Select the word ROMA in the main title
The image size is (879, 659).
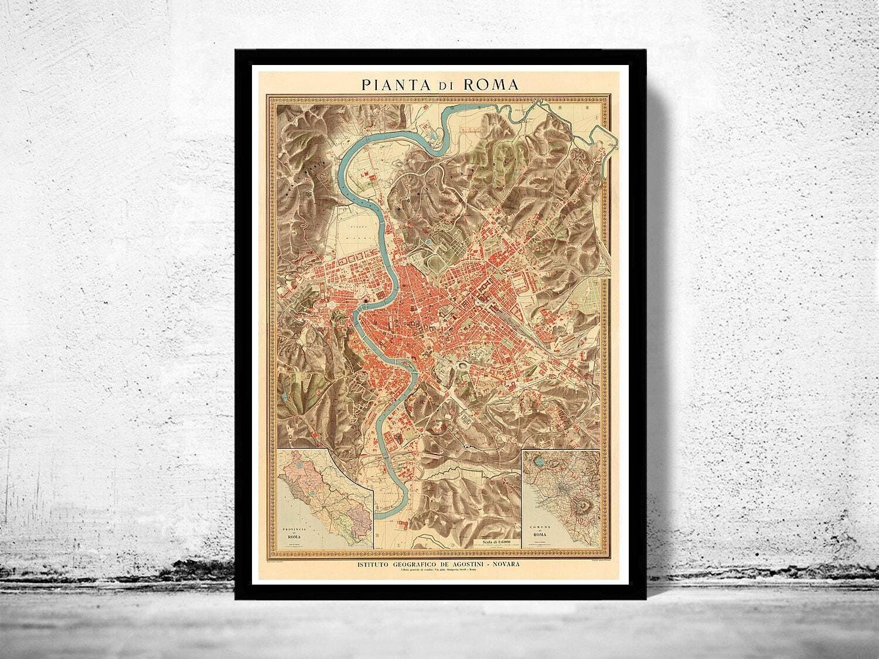tap(490, 84)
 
